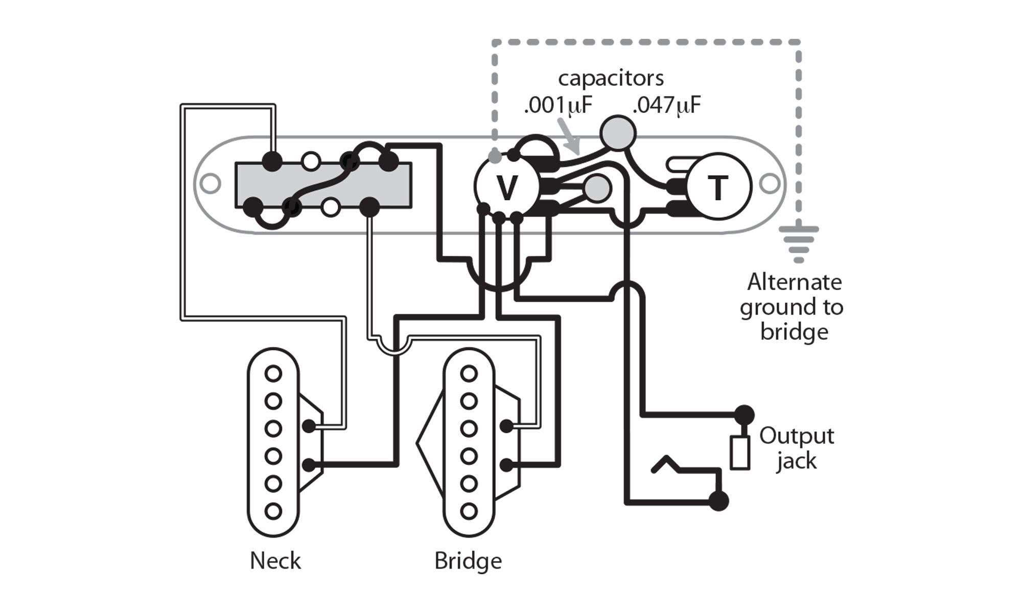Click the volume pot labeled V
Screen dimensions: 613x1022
(506, 187)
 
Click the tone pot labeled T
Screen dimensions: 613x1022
(718, 187)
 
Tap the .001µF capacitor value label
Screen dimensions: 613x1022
(558, 105)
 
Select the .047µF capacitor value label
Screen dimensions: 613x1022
(666, 105)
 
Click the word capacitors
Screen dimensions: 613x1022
(611, 78)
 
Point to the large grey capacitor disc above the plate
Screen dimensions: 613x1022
(618, 133)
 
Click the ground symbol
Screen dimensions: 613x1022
(799, 243)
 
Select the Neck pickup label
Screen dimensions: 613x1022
(275, 560)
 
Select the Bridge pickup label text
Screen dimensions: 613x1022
(468, 560)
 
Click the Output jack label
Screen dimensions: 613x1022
(796, 448)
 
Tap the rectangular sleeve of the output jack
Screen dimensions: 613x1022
(739, 453)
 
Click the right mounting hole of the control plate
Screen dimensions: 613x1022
(770, 183)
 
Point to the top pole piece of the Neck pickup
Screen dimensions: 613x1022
(273, 374)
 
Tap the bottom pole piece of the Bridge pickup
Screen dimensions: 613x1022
(469, 510)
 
